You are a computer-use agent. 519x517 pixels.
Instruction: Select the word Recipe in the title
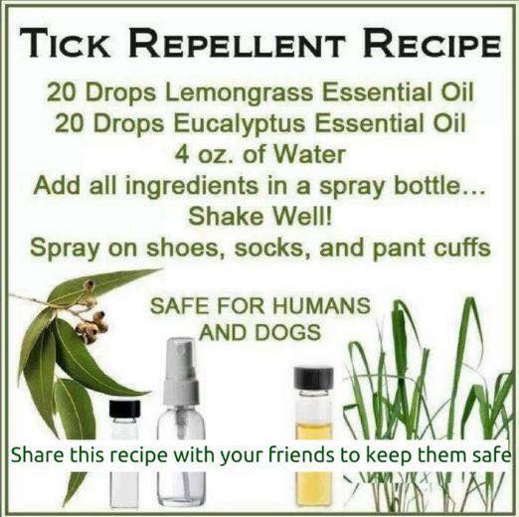(432, 43)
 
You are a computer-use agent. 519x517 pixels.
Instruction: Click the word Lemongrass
(238, 92)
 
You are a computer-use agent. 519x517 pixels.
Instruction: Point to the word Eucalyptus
(239, 123)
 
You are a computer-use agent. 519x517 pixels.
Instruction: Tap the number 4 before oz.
(182, 155)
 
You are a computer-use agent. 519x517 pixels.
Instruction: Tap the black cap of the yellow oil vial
(313, 378)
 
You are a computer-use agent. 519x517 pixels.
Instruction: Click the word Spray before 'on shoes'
(65, 249)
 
